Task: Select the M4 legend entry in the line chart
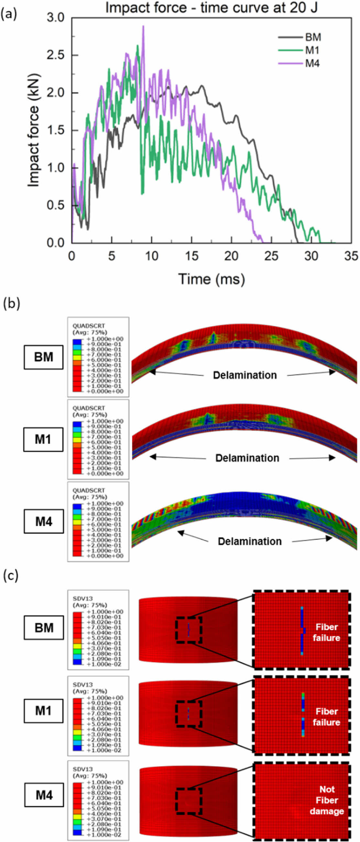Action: point(312,63)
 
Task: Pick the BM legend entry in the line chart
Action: point(313,37)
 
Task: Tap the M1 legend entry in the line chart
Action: point(312,50)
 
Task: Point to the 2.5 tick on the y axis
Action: point(56,55)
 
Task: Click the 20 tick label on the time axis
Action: point(231,256)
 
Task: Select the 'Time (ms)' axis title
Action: point(211,279)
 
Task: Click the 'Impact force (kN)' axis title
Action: point(33,130)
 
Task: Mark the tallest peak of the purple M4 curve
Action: point(143,27)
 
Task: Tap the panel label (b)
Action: point(11,303)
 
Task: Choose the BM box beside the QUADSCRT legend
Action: point(43,357)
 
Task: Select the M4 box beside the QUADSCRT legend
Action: point(43,522)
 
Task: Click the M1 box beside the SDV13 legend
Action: point(43,711)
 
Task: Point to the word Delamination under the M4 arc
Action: point(250,541)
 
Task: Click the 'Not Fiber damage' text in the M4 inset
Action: point(327,800)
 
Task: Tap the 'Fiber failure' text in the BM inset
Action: point(326,632)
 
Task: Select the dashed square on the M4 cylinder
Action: point(189,801)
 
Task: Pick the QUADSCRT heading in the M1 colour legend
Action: point(89,408)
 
